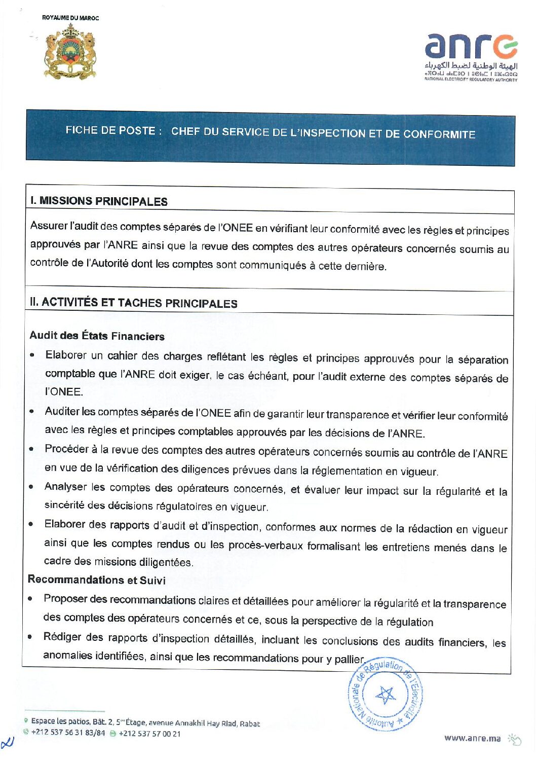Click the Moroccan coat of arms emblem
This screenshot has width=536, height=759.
click(70, 51)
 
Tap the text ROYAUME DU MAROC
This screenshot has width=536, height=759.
click(70, 18)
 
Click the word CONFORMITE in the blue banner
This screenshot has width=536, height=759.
click(439, 134)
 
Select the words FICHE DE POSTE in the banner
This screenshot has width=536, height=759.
click(110, 130)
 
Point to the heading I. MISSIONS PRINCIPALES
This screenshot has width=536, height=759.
click(98, 201)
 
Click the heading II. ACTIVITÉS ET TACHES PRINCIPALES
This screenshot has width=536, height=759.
click(134, 303)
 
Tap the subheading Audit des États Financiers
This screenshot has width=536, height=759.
click(97, 336)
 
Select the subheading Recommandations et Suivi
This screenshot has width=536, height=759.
click(96, 580)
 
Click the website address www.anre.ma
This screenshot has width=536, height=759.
click(472, 738)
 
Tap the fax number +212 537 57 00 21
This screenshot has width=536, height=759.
click(149, 734)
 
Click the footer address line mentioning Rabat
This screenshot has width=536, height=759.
click(145, 722)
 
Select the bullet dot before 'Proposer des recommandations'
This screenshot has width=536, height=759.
click(30, 598)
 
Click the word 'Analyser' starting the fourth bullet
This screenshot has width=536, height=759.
click(65, 487)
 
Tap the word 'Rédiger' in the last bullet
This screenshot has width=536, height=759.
click(62, 637)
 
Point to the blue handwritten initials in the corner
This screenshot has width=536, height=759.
click(8, 743)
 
